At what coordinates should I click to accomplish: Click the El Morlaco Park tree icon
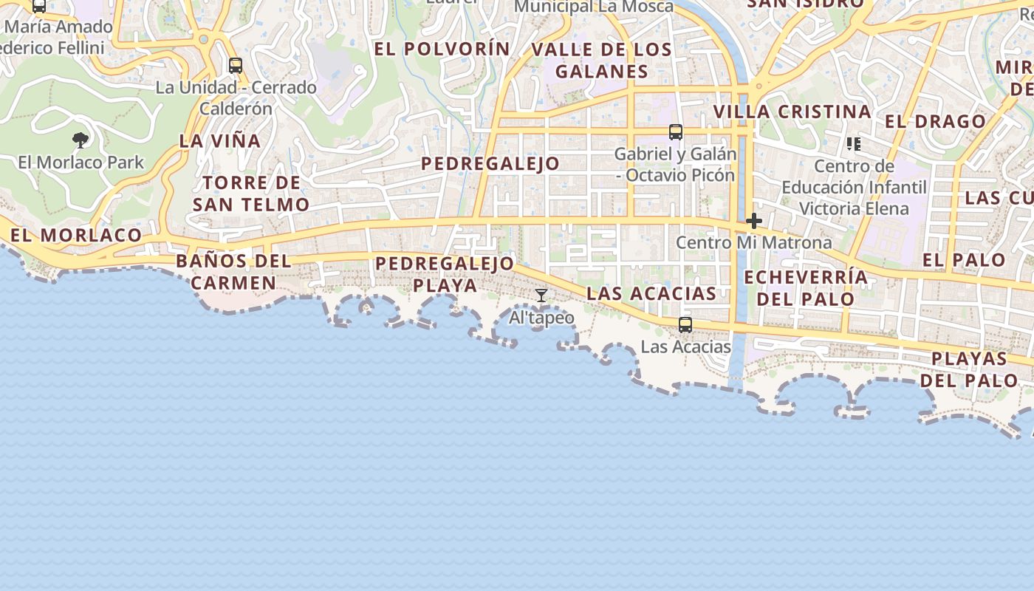(81, 140)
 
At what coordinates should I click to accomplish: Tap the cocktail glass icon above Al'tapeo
(541, 295)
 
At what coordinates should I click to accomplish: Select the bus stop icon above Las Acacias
(685, 324)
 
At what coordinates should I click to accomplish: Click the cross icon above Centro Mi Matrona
(754, 221)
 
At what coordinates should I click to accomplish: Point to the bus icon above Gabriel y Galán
(676, 132)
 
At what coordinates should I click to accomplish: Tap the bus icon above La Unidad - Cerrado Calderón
(236, 66)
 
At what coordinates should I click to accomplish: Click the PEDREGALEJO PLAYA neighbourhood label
(445, 274)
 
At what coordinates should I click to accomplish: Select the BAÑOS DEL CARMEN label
(233, 272)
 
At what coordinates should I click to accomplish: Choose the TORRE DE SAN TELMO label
(251, 194)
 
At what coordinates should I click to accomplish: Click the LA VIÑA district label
(220, 141)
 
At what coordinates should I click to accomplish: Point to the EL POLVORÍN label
(442, 49)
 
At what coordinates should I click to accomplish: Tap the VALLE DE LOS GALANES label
(602, 61)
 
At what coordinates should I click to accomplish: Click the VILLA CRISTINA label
(792, 112)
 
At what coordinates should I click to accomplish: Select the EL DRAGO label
(935, 122)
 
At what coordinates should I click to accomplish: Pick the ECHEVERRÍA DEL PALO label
(806, 288)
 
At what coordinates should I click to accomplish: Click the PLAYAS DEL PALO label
(969, 369)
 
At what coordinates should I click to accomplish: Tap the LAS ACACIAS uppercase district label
(651, 294)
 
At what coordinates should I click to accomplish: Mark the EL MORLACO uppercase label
(76, 236)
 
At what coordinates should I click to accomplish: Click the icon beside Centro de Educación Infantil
(854, 143)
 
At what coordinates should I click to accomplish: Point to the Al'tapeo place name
(542, 318)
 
